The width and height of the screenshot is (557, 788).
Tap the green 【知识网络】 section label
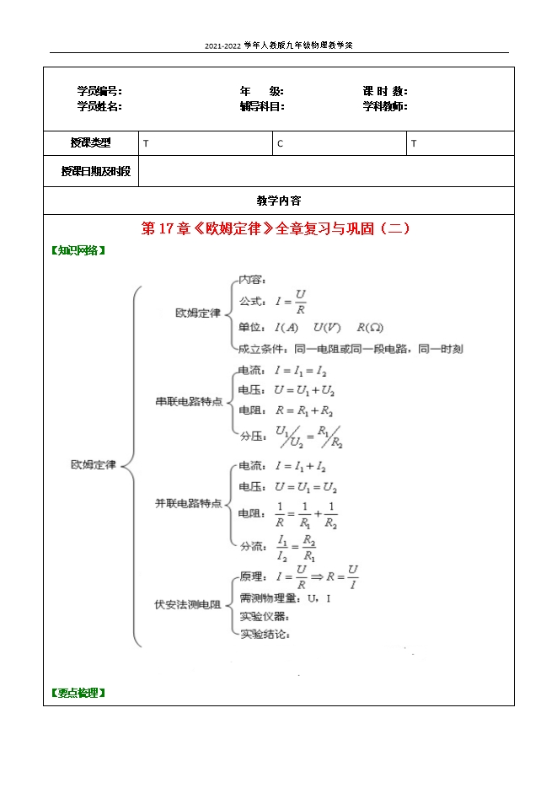click(x=79, y=250)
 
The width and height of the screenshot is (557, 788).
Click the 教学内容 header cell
click(x=278, y=201)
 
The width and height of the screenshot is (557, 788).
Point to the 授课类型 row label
click(x=90, y=143)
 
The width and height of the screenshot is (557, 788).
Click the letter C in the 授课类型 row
click(x=281, y=144)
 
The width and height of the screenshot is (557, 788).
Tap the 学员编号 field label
click(x=99, y=91)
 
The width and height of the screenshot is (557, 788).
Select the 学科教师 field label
click(x=385, y=106)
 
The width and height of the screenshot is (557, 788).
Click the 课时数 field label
click(x=385, y=91)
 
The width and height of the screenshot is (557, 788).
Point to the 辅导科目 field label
click(x=262, y=106)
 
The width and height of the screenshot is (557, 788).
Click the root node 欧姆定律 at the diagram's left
click(x=94, y=464)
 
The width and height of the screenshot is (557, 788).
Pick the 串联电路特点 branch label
click(x=189, y=401)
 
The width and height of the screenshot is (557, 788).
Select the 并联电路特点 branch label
click(x=189, y=503)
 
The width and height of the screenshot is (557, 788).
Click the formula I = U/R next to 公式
click(x=286, y=301)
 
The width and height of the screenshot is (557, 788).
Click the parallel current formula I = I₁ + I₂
click(x=300, y=466)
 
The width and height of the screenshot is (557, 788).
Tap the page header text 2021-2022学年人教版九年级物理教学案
click(x=278, y=46)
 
